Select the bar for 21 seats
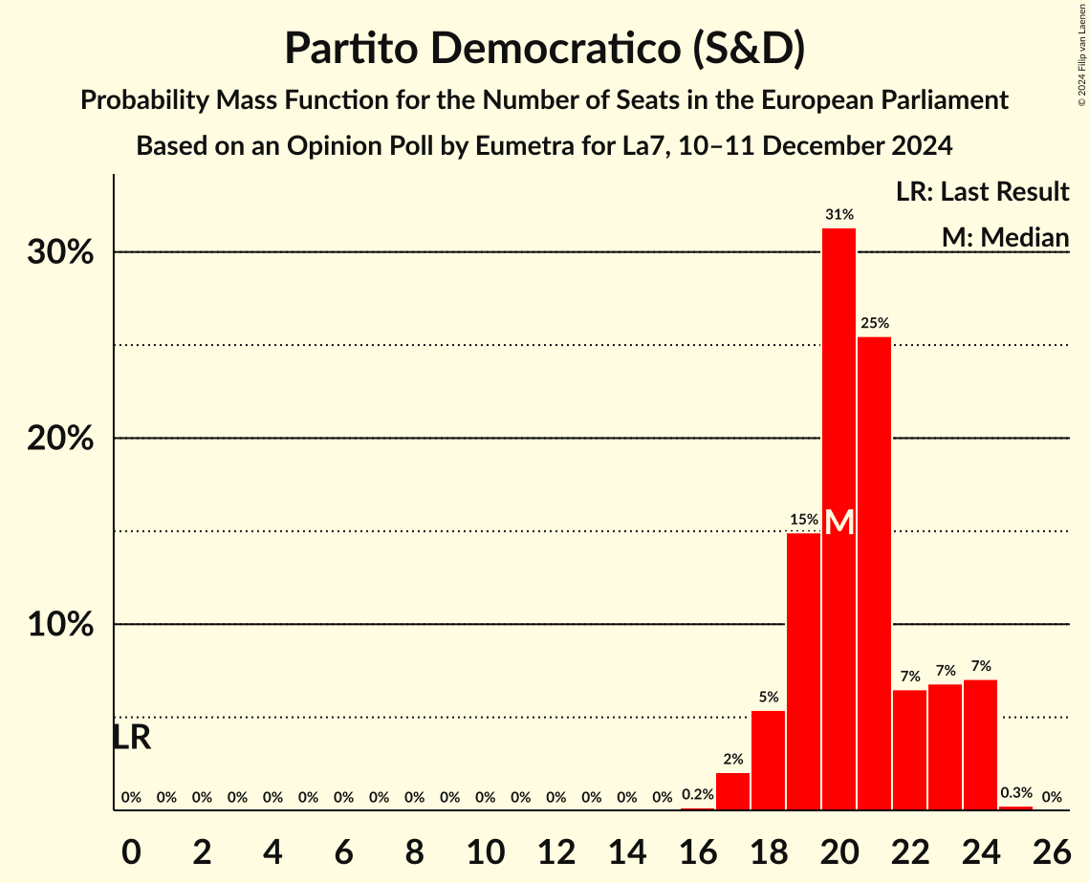[x=874, y=573]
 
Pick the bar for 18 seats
[x=768, y=760]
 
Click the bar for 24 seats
[x=980, y=744]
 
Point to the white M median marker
[x=839, y=523]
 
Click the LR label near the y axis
[x=131, y=738]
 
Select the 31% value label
[x=839, y=214]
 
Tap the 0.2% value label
[x=697, y=795]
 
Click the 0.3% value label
[x=1015, y=793]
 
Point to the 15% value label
[x=803, y=520]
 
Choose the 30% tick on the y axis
[x=65, y=253]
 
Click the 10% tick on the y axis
[x=65, y=625]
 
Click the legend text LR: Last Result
[x=982, y=192]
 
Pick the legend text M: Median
[x=1005, y=237]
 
